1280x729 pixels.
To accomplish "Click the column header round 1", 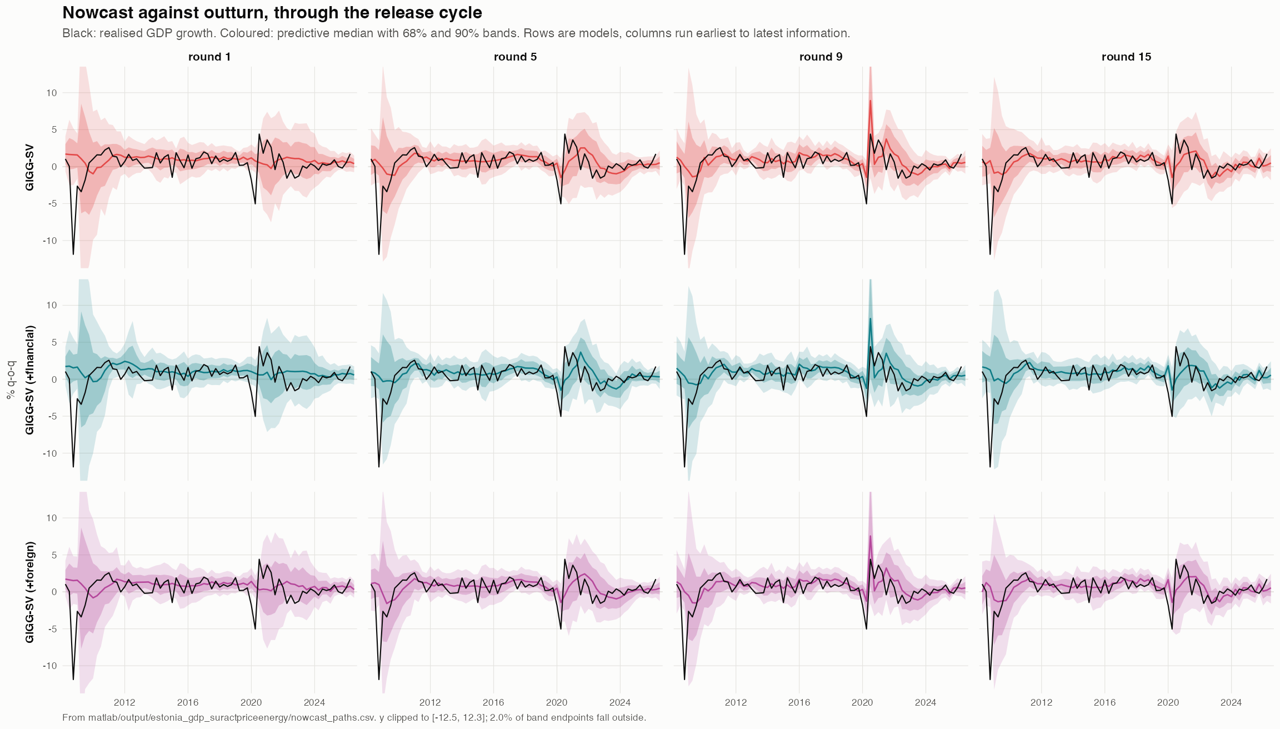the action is [209, 57].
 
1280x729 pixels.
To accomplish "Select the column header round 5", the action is [515, 57].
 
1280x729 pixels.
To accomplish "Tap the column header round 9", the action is [821, 57].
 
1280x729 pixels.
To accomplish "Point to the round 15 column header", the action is [1126, 57].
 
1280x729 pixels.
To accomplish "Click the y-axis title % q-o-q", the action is [11, 380].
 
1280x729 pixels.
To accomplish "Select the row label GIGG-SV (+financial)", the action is [30, 380].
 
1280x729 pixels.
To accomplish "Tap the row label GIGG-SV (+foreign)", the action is [30, 592].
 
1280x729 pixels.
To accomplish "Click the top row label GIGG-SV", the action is [30, 167].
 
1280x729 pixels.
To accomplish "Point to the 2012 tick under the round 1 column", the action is [124, 702].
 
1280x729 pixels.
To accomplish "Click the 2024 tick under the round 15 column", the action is [1231, 702].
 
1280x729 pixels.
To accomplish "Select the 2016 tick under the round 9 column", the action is [799, 702].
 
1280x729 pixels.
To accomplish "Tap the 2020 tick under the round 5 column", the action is [557, 702].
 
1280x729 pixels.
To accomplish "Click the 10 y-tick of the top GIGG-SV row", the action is [52, 93].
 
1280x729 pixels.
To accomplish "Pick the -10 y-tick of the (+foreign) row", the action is [50, 666].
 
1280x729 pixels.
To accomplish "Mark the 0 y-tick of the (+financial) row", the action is [54, 380].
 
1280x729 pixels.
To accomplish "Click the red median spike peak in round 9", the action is [870, 100].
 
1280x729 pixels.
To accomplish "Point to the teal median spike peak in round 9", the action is [870, 318].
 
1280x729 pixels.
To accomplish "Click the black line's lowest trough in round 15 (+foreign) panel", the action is [990, 679].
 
